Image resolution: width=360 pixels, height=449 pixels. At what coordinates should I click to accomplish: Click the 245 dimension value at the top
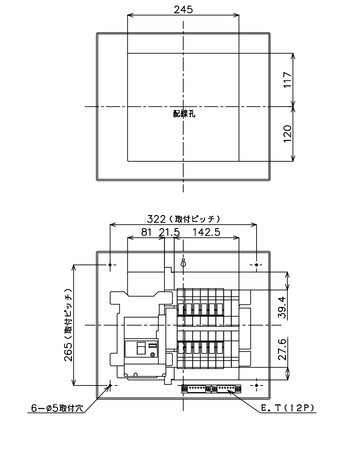183,9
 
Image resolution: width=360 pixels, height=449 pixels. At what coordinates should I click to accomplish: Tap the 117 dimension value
287,80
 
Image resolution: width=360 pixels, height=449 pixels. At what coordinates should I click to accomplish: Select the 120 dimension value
287,134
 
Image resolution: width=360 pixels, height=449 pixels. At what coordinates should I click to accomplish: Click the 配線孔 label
184,114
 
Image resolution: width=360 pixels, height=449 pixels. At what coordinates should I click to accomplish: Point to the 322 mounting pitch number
156,219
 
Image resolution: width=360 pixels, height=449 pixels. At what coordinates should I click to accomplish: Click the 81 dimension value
146,232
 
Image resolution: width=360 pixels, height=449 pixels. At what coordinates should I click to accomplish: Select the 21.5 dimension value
169,232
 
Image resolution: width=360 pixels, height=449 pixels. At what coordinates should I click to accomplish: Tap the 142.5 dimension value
206,232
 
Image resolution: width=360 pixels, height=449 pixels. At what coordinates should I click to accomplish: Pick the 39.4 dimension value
282,307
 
